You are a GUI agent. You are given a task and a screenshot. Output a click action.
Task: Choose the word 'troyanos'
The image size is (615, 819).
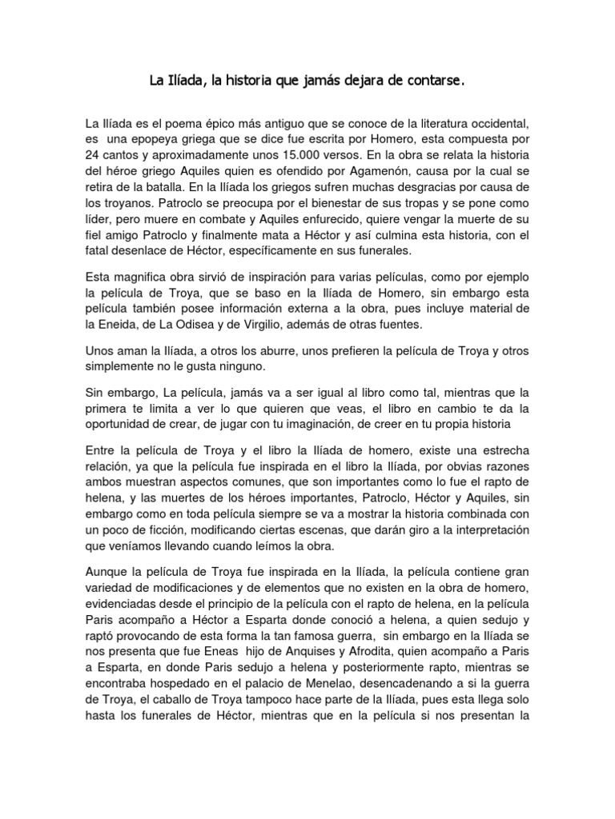124,203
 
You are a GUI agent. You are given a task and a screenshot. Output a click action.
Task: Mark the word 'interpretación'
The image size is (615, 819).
488,530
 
